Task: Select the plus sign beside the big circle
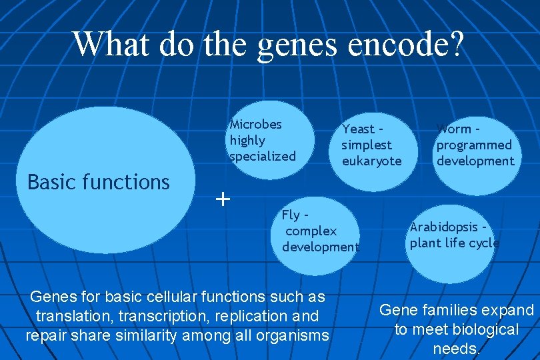pos(223,198)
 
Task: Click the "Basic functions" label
pos(99,181)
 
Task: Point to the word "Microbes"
pos(255,124)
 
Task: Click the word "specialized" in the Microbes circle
pos(262,156)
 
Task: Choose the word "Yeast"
pos(359,129)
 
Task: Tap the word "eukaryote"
pos(372,161)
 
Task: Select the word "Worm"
pos(454,129)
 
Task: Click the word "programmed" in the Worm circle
pos(474,145)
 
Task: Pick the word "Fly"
pos(291,215)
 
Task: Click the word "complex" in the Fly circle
pos(311,231)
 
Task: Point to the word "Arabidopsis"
pos(443,227)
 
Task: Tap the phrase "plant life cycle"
pos(454,243)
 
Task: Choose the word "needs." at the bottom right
pos(457,349)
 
